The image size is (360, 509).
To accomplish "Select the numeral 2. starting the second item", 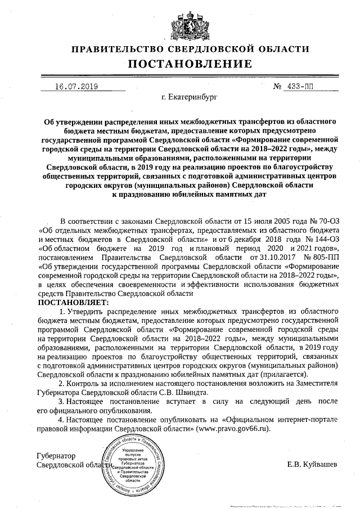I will tap(62, 384).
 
